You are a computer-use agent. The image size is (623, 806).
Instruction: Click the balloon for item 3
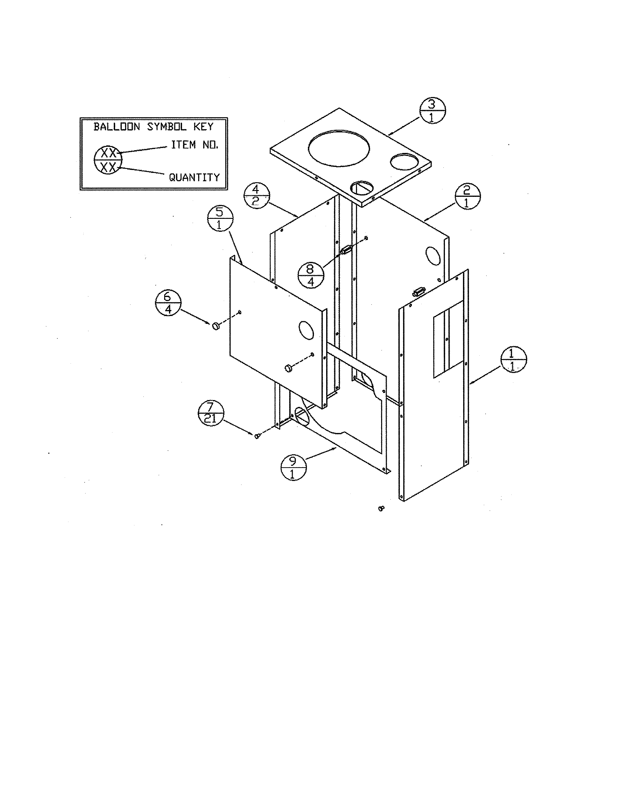click(x=432, y=111)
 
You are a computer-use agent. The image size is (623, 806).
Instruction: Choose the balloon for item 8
click(x=311, y=275)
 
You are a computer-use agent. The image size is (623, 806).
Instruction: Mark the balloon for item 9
click(x=293, y=467)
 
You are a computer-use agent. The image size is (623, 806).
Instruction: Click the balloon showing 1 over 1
click(x=513, y=359)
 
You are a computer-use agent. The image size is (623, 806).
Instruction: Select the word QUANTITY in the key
click(x=194, y=178)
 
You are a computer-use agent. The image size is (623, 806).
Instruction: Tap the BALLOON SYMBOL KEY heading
click(x=153, y=127)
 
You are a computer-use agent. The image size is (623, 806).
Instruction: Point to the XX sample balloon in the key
click(x=108, y=160)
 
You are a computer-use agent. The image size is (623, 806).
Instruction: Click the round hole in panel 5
click(x=306, y=329)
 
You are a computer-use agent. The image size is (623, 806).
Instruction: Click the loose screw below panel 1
click(x=382, y=509)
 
